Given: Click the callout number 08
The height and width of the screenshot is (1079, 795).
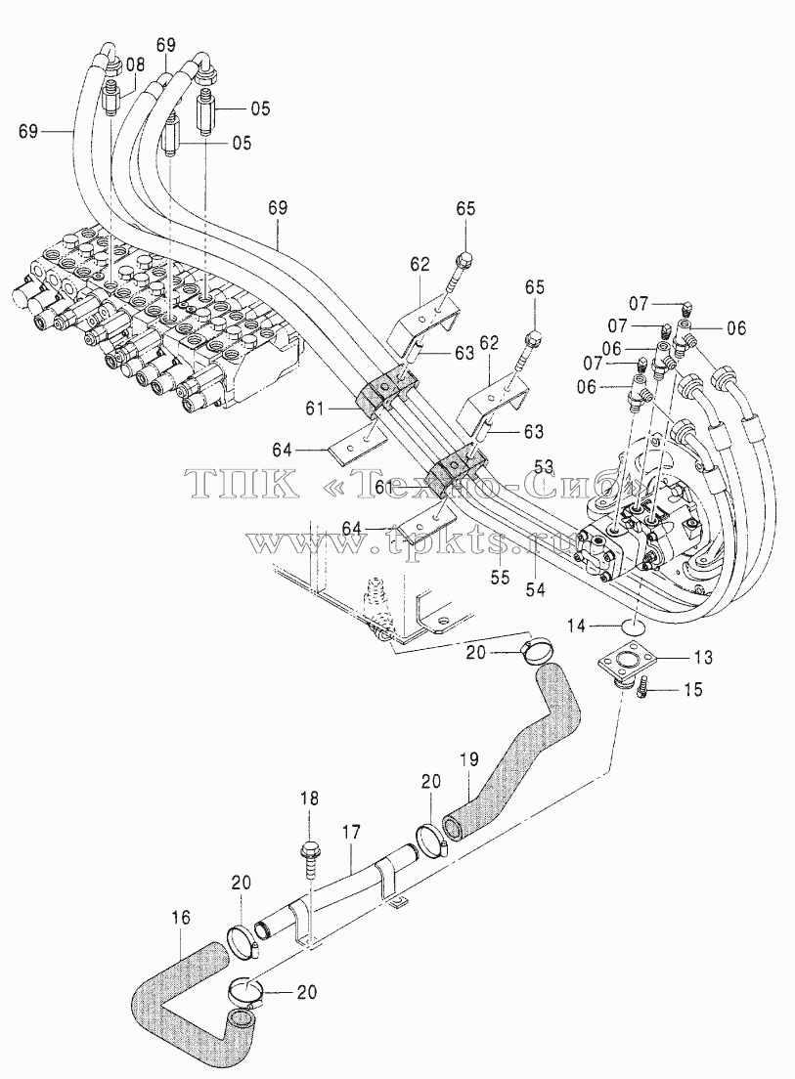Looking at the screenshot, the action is (x=136, y=66).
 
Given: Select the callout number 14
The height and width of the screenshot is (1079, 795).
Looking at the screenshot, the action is (x=577, y=626).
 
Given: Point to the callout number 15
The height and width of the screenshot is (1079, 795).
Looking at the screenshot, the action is (x=693, y=689).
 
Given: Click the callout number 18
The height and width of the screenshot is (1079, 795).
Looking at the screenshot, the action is (x=310, y=798).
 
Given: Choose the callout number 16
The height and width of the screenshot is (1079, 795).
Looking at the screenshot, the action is (x=180, y=918).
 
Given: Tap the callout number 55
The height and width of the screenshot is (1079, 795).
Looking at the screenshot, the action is (x=501, y=577).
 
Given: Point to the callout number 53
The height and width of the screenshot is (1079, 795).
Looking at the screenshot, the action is (x=544, y=467).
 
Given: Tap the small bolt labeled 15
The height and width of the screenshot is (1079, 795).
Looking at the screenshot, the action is (x=644, y=688).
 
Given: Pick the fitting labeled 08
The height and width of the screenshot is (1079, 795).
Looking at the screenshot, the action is (x=111, y=100).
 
